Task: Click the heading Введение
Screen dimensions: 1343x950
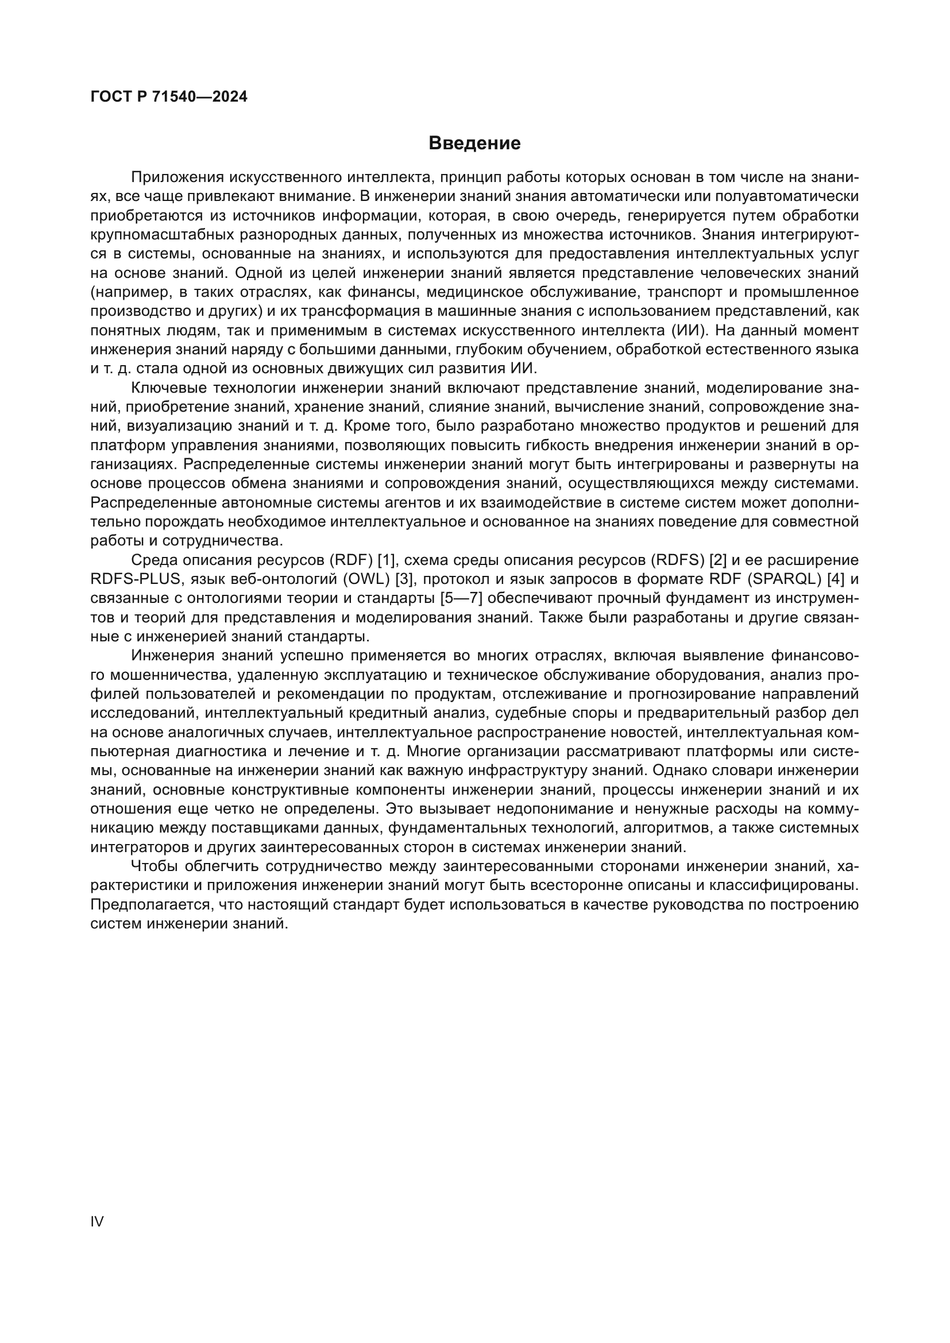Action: (474, 144)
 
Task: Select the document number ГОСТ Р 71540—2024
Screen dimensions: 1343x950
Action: (169, 97)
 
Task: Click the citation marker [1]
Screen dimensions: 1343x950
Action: (388, 560)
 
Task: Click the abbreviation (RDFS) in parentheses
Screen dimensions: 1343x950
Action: (677, 560)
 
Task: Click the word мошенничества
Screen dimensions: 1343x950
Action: (169, 675)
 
